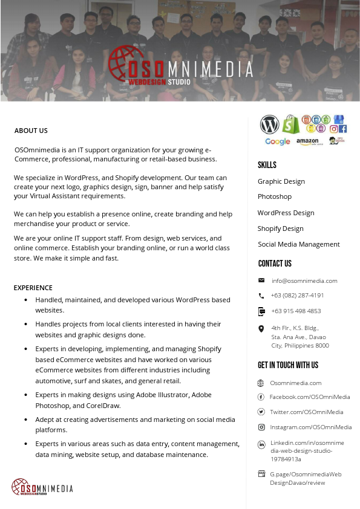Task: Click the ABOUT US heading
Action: [x=31, y=131]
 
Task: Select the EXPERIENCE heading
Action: [x=33, y=288]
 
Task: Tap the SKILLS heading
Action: [x=267, y=165]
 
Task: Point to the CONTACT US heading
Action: [x=275, y=264]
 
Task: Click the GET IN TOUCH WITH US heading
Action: [x=288, y=365]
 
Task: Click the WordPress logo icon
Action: [x=270, y=125]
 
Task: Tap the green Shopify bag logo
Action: [x=290, y=124]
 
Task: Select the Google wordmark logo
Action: [x=277, y=141]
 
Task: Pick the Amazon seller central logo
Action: [x=307, y=141]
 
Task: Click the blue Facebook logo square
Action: [x=342, y=129]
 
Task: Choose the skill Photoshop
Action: [x=275, y=197]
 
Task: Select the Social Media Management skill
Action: [x=299, y=244]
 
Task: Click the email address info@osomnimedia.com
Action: [x=304, y=280]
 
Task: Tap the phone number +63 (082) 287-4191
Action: [x=297, y=296]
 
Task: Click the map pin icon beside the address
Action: [x=261, y=329]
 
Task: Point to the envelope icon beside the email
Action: [x=261, y=280]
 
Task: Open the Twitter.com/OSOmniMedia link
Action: [x=306, y=412]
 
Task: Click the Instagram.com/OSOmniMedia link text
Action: [x=310, y=427]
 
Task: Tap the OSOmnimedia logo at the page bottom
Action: [x=42, y=487]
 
